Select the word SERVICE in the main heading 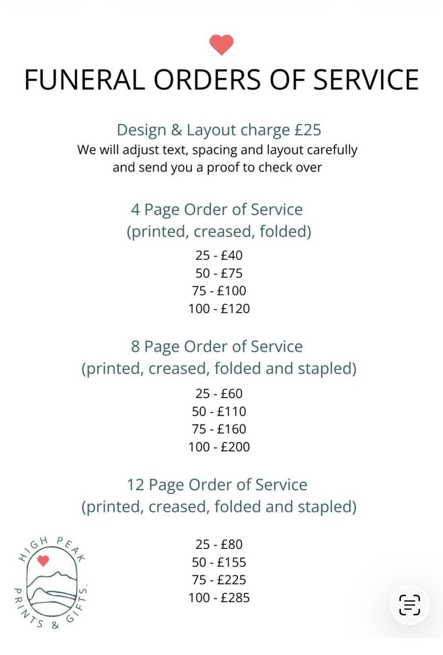click(x=366, y=80)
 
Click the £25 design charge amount click(x=308, y=130)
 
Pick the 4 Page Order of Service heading click(x=217, y=210)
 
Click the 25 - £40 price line click(x=219, y=255)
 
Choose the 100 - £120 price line click(x=219, y=309)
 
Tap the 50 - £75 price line click(x=219, y=273)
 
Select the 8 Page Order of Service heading click(x=217, y=347)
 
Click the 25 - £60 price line click(x=219, y=394)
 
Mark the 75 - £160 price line click(x=219, y=429)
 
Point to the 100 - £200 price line click(x=219, y=447)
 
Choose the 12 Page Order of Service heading click(x=217, y=485)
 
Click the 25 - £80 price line click(x=219, y=544)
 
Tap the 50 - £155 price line click(x=219, y=563)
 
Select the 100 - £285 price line click(x=219, y=598)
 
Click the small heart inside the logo click(x=43, y=561)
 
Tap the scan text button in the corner click(x=409, y=605)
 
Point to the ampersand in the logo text click(x=55, y=625)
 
